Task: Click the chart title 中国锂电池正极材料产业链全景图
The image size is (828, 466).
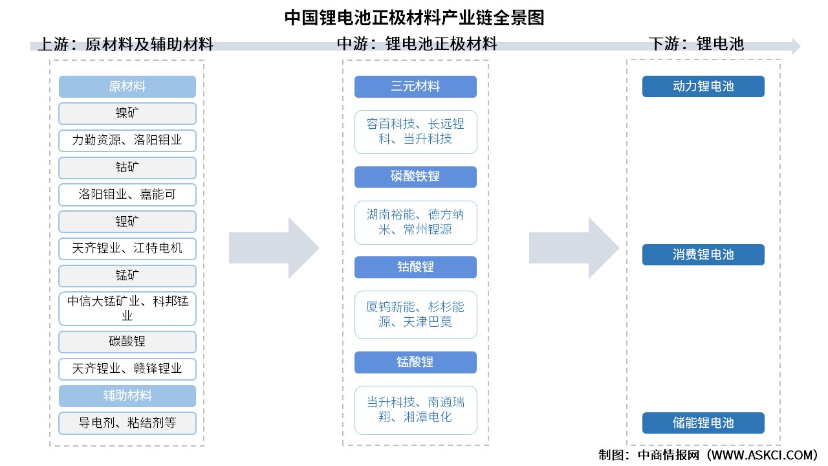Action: point(414,17)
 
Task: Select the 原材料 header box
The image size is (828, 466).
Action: point(127,87)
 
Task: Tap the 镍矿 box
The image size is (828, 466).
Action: point(127,113)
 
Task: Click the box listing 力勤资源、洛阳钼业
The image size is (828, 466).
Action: point(127,140)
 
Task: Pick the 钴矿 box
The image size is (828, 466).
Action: point(127,168)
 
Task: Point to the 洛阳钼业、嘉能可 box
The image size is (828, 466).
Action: point(127,194)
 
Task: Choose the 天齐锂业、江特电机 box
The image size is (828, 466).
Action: point(127,249)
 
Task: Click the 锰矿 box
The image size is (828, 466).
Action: point(127,276)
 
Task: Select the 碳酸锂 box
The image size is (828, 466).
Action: point(127,342)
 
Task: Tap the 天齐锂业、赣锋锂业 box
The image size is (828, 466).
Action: point(127,369)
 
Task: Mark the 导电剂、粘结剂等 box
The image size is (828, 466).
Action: point(127,423)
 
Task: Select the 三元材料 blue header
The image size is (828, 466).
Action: point(415,87)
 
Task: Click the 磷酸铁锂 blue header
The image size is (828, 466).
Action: point(415,177)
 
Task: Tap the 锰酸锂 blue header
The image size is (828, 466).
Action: point(415,362)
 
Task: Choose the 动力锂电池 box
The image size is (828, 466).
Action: point(703,87)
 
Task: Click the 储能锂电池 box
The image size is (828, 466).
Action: point(703,423)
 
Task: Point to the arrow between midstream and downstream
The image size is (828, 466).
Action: point(573,249)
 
